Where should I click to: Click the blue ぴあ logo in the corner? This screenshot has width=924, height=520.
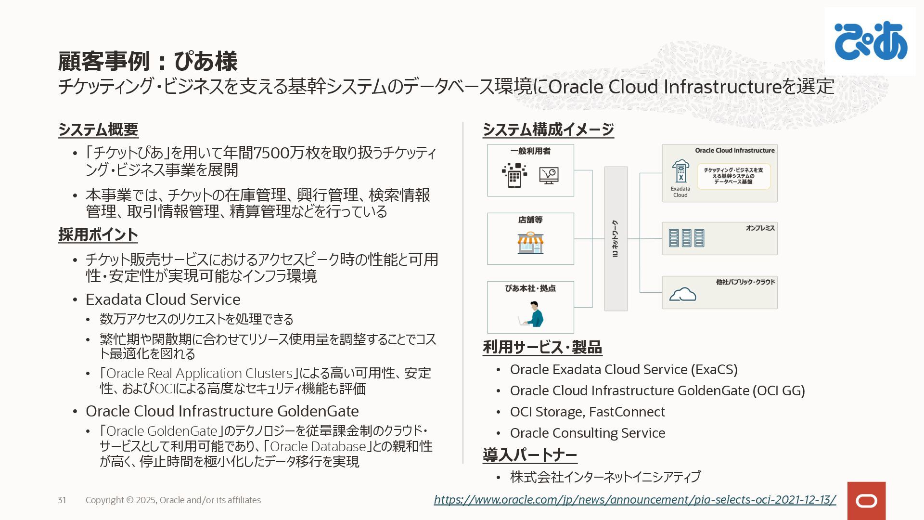871,41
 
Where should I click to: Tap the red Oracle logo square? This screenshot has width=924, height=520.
866,501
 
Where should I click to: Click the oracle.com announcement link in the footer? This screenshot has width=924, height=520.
634,500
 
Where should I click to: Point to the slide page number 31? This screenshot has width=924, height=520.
62,500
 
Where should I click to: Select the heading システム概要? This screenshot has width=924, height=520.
98,130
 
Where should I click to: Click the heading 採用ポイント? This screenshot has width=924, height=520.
98,234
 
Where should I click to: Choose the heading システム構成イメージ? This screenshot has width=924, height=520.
548,130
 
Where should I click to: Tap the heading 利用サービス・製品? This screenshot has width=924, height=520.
542,347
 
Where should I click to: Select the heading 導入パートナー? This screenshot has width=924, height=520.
530,455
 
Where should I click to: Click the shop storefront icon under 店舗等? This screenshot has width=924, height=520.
530,243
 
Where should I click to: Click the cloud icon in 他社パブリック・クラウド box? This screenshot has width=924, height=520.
682,294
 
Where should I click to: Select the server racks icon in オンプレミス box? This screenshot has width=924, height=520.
686,238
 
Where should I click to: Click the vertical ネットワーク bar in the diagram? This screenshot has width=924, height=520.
616,239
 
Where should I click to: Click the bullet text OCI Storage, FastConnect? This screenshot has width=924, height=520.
587,412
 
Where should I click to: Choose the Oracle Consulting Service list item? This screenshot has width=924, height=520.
588,433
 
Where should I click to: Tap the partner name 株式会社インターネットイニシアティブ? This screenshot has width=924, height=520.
605,477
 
